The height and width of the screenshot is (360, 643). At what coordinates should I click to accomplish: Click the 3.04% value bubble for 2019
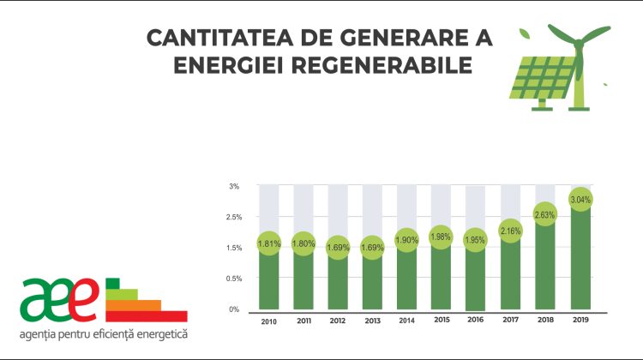[x=580, y=200]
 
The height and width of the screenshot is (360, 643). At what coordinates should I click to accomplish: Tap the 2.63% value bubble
[x=545, y=214]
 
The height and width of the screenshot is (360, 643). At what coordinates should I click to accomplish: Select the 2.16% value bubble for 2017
[x=510, y=231]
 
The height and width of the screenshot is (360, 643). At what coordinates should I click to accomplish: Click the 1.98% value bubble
[x=442, y=237]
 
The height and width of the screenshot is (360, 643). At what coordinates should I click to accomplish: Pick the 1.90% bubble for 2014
[x=406, y=240]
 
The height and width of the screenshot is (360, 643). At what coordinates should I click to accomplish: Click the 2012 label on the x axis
[x=337, y=321]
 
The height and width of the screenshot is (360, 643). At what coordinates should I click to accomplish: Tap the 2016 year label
[x=476, y=321]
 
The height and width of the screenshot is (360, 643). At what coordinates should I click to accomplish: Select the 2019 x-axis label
[x=580, y=321]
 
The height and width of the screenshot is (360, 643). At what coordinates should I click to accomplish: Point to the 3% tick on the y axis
[x=234, y=186]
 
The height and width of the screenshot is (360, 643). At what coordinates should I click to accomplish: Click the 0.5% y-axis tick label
[x=234, y=279]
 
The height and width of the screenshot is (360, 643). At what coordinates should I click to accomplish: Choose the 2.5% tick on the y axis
[x=234, y=217]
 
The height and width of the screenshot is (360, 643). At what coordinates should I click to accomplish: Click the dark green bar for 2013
[x=372, y=283]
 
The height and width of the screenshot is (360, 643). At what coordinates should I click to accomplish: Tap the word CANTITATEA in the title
[x=209, y=39]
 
